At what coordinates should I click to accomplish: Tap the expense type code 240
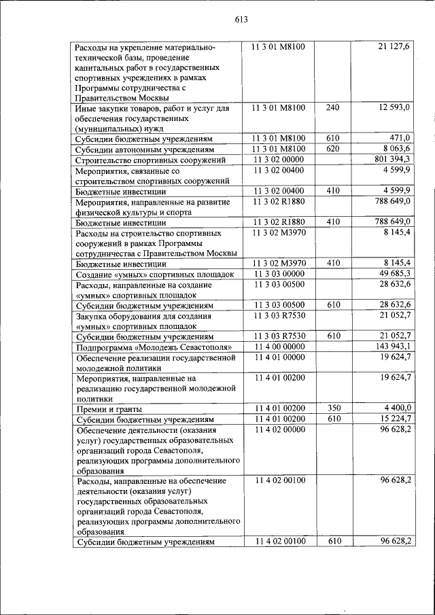(332, 108)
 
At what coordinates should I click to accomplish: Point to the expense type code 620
(332, 149)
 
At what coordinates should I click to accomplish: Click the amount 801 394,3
(391, 159)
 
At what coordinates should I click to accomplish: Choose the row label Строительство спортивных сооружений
(151, 160)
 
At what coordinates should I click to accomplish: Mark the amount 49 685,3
(394, 273)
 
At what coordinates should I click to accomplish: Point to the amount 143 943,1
(391, 347)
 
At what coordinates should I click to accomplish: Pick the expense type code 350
(332, 408)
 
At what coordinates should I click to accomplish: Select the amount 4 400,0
(397, 408)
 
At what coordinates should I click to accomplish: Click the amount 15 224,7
(394, 419)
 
